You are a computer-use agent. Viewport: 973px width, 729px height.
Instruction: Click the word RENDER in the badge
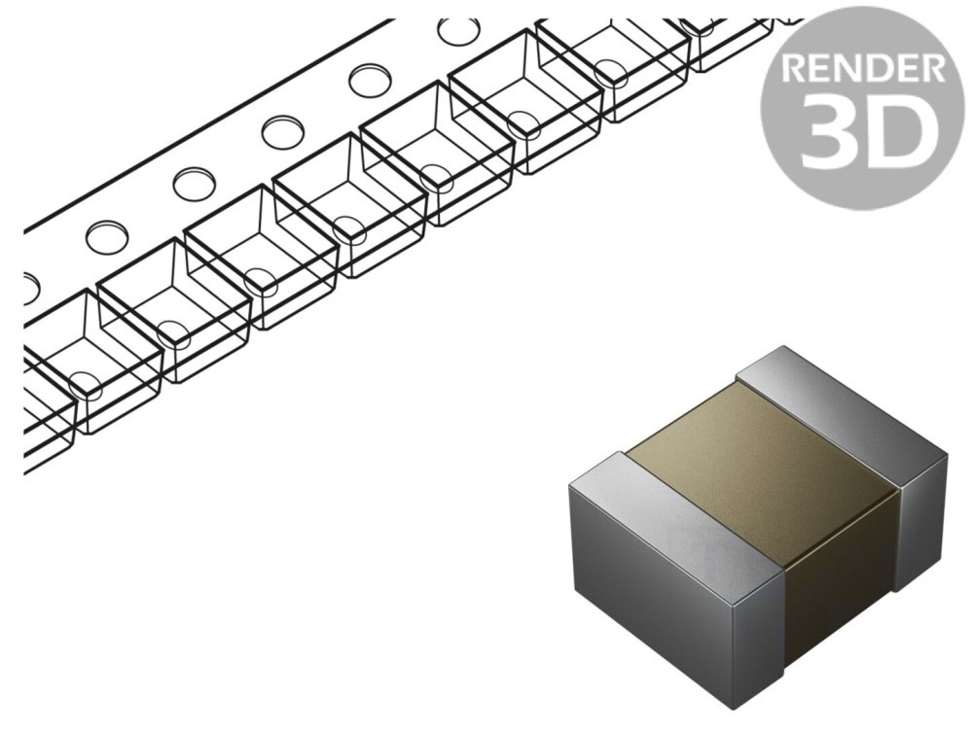point(862,68)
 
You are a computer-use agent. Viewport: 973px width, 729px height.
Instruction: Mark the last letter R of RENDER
point(933,68)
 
